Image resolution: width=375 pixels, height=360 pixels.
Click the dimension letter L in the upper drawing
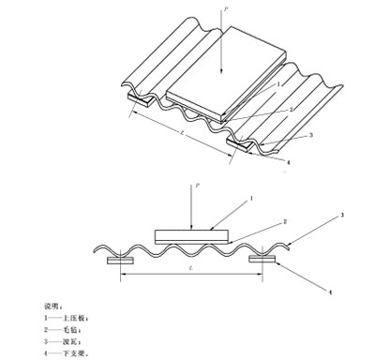point(180,138)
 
